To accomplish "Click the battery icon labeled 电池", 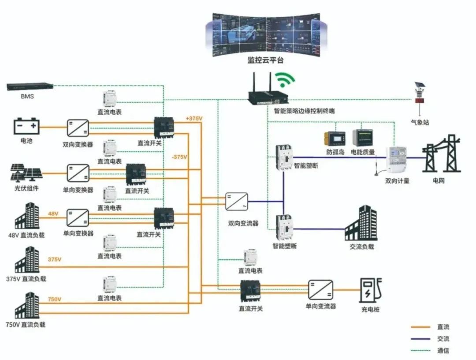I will [x=26, y=127].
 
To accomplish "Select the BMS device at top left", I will [x=30, y=86].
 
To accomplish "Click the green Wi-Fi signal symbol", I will [x=284, y=80].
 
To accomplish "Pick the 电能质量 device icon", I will [x=362, y=138].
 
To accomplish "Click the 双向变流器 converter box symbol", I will [x=236, y=202].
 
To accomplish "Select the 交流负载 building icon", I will [x=361, y=223].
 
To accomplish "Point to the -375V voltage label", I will [x=179, y=157].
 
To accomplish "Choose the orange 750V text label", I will [x=55, y=300].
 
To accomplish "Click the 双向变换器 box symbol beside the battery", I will [x=78, y=128].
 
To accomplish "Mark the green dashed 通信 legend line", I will [x=420, y=351].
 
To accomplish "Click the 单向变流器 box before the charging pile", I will [x=320, y=290].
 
